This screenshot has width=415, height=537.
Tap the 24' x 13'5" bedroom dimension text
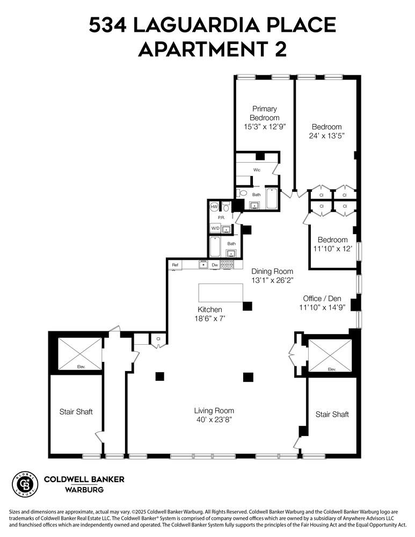pyautogui.click(x=326, y=136)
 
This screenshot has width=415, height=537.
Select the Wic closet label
pyautogui.click(x=257, y=170)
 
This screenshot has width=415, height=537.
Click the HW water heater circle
pyautogui.click(x=214, y=207)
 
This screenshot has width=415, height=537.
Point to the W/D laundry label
pyautogui.click(x=215, y=228)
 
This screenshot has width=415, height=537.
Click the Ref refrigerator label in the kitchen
pyautogui.click(x=175, y=265)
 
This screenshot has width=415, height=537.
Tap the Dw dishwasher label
pyautogui.click(x=214, y=265)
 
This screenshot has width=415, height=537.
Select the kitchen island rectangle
pyautogui.click(x=220, y=293)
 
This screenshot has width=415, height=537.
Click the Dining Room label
pyautogui.click(x=272, y=271)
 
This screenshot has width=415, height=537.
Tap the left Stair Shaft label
pyautogui.click(x=76, y=412)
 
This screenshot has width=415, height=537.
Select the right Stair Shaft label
pyautogui.click(x=332, y=414)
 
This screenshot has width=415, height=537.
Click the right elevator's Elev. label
pyautogui.click(x=331, y=369)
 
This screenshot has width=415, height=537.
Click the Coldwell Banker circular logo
pyautogui.click(x=25, y=484)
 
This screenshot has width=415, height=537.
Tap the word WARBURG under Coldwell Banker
pyautogui.click(x=84, y=490)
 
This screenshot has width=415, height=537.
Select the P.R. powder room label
pyautogui.click(x=221, y=217)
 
